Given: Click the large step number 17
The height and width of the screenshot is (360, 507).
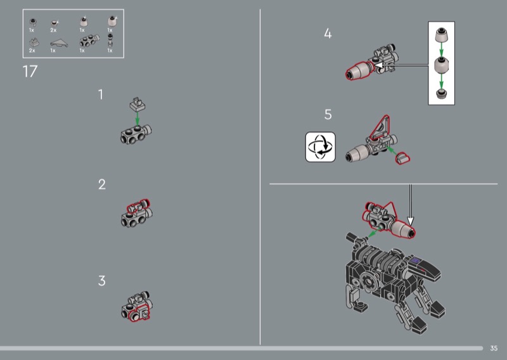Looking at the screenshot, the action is point(30,72).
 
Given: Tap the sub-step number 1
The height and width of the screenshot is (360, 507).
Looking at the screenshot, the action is point(101,94).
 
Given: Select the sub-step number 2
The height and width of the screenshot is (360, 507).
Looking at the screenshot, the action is point(102,184).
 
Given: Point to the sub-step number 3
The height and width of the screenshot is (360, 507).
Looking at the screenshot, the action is point(102,281).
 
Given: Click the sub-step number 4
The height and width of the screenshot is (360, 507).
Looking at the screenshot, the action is point(328,34).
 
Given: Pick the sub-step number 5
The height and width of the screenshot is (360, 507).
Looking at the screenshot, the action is point(328,115).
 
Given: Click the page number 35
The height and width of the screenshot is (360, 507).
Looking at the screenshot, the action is point(494,349).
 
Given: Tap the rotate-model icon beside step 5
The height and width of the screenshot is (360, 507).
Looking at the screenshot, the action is point(321,147).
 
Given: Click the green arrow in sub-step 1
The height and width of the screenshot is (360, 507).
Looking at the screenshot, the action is point(138,119).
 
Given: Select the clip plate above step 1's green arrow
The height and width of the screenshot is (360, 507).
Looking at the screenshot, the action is point(138,104).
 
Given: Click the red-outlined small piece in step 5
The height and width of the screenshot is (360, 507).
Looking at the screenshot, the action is point(402,158).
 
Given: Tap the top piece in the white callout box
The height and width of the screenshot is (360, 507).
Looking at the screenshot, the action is point(441,35).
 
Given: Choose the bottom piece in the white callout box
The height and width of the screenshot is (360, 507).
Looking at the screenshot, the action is point(441,94).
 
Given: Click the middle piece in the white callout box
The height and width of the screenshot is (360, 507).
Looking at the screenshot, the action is point(441,65).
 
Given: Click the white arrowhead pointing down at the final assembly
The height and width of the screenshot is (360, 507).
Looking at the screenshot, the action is point(410,221).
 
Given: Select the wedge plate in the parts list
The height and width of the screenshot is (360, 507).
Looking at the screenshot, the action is point(59,43).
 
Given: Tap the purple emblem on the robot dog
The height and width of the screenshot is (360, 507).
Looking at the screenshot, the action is point(416,260).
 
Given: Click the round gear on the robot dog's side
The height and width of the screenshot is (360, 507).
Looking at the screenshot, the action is point(368,281).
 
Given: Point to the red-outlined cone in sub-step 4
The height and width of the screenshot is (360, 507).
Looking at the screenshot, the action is point(359,70).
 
